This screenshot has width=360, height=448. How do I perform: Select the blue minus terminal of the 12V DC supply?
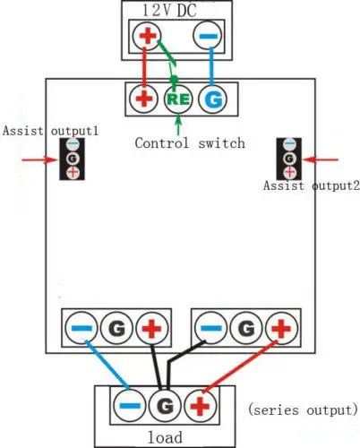pyautogui.click(x=207, y=37)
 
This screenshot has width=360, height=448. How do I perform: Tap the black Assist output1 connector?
pyautogui.click(x=72, y=159)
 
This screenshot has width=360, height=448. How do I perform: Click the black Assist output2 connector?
pyautogui.click(x=289, y=159)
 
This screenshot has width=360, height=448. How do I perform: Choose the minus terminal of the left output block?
pyautogui.click(x=81, y=329)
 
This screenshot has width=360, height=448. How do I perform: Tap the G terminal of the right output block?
pyautogui.click(x=246, y=329)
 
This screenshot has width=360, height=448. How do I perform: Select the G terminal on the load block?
pyautogui.click(x=164, y=405)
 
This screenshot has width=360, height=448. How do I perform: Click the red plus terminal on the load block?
pyautogui.click(x=201, y=405)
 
